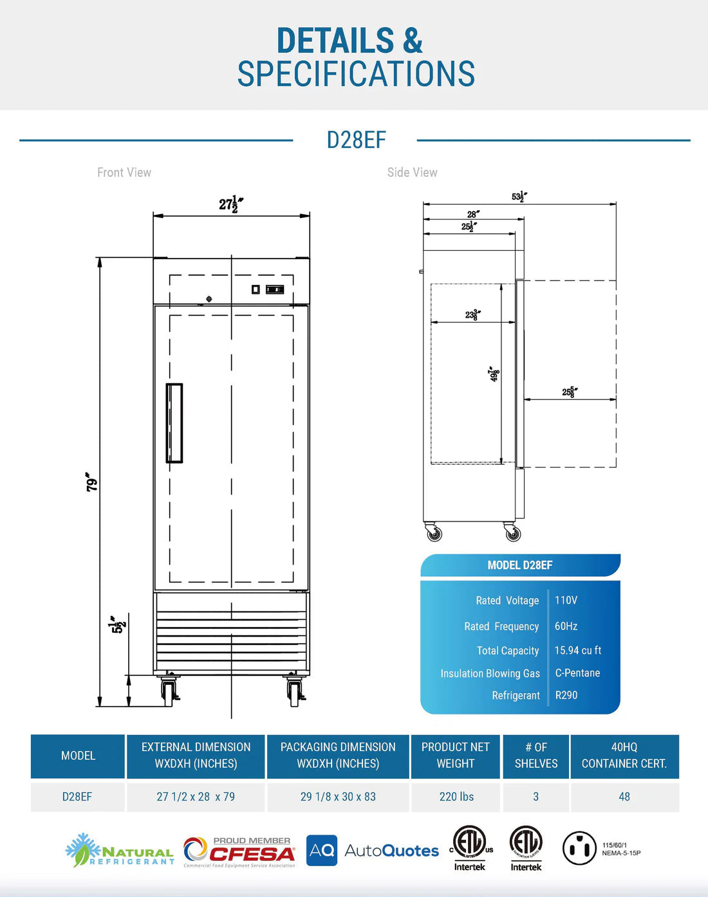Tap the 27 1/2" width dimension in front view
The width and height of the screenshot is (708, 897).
(230, 204)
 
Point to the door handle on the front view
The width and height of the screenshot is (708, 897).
(174, 423)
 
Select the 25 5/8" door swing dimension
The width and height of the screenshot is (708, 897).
(569, 392)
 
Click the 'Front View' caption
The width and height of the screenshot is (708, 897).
(124, 172)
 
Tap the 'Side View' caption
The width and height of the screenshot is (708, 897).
(412, 172)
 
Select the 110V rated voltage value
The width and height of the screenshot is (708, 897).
(566, 600)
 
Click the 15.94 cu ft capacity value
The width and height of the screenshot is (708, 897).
(577, 650)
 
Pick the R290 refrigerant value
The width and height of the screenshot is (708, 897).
(566, 695)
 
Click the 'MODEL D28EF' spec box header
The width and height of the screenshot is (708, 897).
(519, 565)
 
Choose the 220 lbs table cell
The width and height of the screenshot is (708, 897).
(456, 797)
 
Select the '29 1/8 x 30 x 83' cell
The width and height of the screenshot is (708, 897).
(338, 797)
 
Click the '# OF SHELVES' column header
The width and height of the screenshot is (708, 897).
(536, 756)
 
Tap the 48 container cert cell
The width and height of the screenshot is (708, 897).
(624, 797)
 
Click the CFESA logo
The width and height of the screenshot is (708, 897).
(239, 851)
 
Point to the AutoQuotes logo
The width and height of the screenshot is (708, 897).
(373, 851)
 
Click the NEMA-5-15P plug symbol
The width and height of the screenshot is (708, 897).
(579, 848)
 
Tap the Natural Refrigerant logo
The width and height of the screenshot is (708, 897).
(120, 851)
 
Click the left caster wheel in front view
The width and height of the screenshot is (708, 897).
(169, 693)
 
